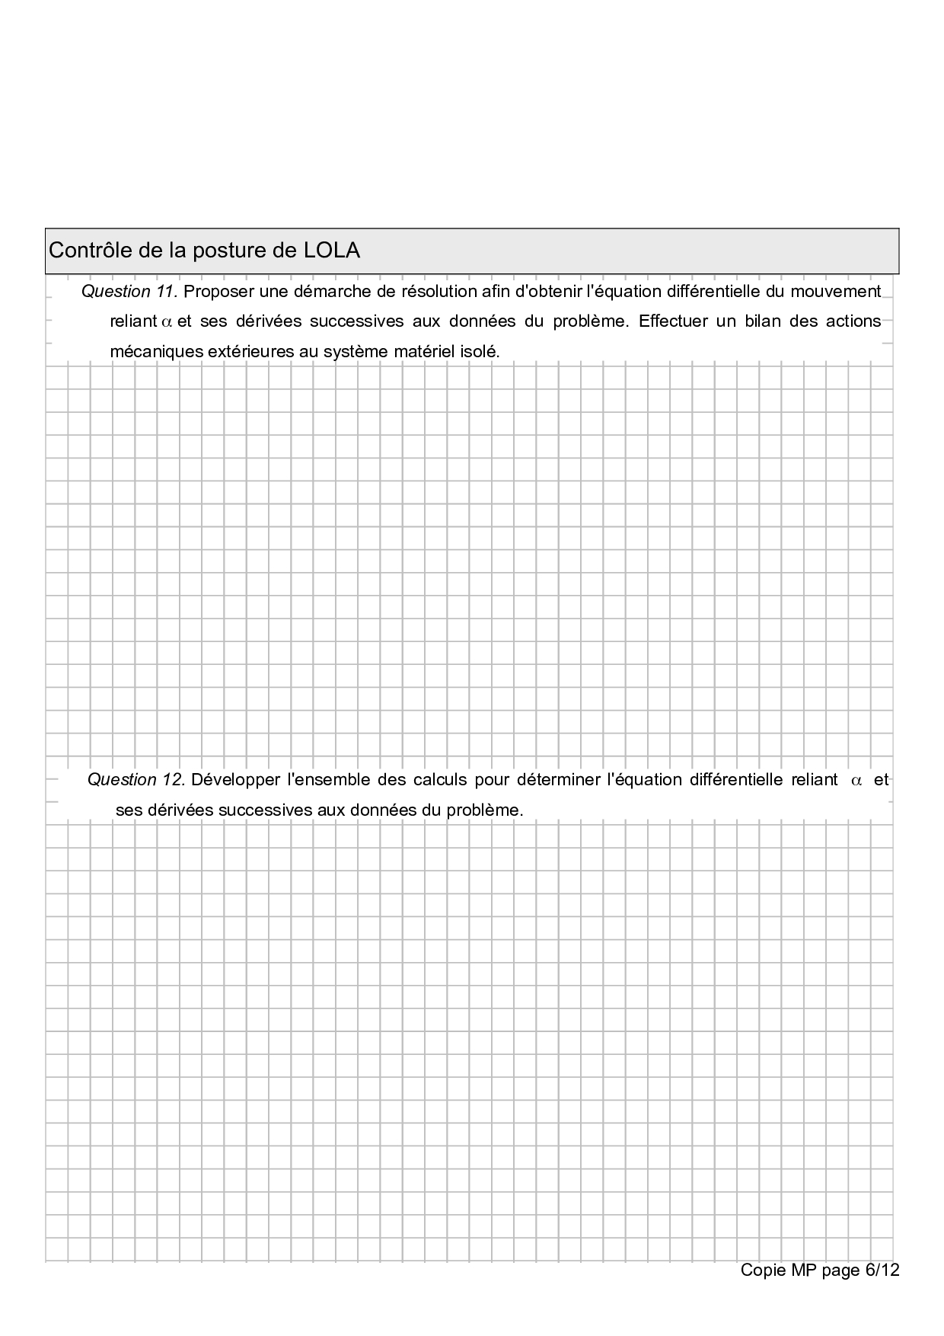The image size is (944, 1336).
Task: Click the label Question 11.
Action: click(x=129, y=292)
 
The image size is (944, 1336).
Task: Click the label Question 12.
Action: click(x=136, y=780)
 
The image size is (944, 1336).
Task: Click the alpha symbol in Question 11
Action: click(x=167, y=322)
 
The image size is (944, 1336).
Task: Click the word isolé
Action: click(x=480, y=352)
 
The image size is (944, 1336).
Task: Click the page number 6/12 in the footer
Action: click(x=882, y=1270)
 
